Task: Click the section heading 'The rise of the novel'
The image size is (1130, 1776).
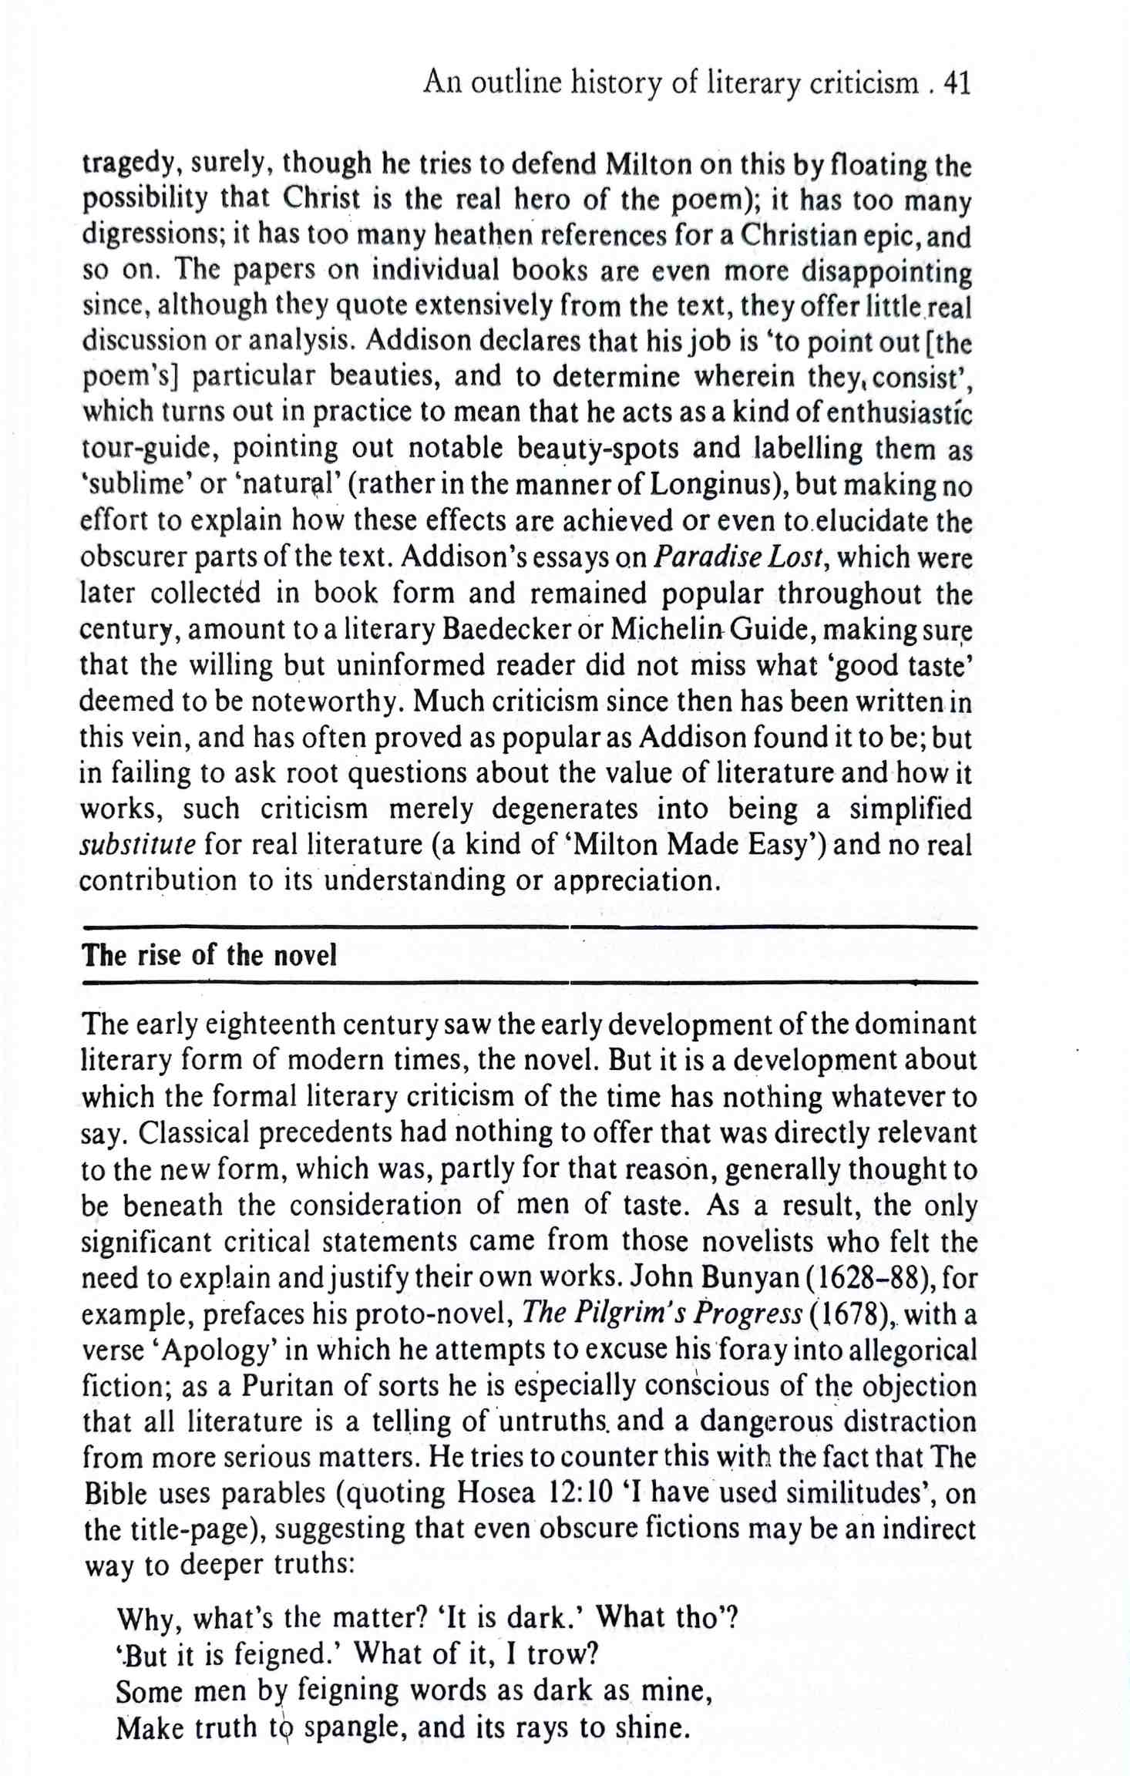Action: pos(210,956)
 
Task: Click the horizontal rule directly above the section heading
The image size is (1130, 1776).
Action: pos(529,927)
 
